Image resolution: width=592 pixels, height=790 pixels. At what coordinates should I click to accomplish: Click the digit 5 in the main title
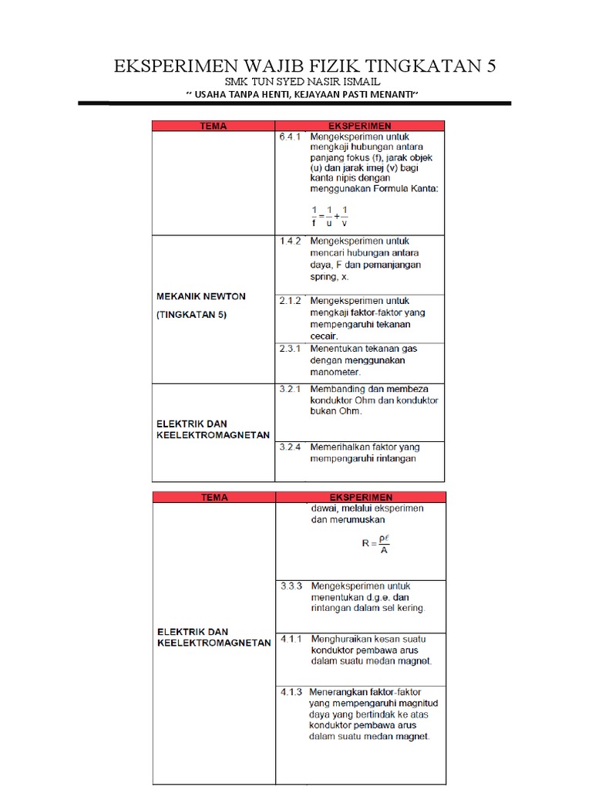coord(489,66)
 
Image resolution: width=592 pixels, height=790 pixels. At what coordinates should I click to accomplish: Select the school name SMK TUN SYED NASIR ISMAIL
coord(302,82)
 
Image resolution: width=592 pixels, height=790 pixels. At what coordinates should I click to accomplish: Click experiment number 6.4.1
coord(290,137)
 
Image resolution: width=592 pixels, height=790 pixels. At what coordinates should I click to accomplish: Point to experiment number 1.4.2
coord(290,241)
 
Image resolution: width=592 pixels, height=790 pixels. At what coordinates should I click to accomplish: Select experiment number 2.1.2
coord(290,300)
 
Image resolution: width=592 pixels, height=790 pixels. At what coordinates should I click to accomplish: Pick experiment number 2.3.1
coord(290,349)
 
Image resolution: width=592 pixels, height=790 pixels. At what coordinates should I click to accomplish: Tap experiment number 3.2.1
coord(290,389)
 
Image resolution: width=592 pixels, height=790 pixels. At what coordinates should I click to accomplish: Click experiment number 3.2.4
coord(290,447)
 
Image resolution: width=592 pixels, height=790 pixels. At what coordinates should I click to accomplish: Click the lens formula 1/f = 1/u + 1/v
coord(330,217)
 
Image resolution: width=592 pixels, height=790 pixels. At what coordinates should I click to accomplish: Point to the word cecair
coord(324,336)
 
